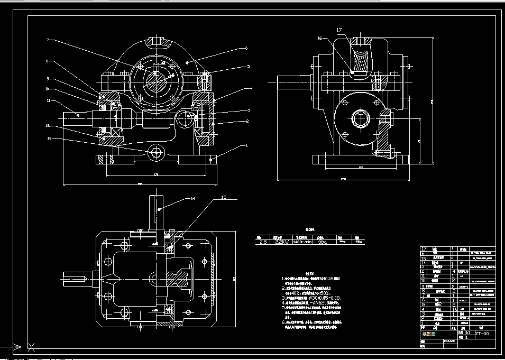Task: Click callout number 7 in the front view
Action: (x=47, y=40)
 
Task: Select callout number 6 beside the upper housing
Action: (x=246, y=48)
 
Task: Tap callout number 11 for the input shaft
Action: (x=48, y=100)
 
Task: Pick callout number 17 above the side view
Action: (x=338, y=31)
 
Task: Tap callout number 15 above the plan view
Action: (x=223, y=198)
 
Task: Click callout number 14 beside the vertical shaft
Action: (x=193, y=199)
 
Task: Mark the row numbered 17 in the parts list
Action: (x=424, y=248)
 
